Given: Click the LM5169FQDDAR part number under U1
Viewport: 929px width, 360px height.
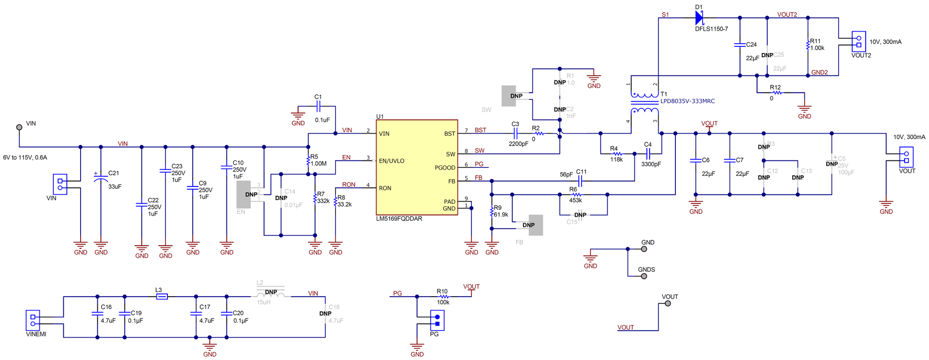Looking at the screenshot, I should click(x=399, y=219).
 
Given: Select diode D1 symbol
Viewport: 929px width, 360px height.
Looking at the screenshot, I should click(x=699, y=18).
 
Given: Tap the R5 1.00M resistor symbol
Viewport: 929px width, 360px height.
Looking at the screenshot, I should click(x=308, y=161).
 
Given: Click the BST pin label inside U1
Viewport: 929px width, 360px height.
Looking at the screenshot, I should click(x=449, y=134).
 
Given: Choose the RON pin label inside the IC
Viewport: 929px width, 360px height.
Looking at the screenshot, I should click(x=385, y=188).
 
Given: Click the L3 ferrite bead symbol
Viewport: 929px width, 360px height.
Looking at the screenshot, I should click(x=162, y=296).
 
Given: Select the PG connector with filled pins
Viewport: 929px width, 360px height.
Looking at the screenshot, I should click(x=437, y=320).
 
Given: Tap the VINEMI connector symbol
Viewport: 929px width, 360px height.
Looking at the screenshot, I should click(x=33, y=320).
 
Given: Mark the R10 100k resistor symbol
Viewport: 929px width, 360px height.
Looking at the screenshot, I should click(x=443, y=297).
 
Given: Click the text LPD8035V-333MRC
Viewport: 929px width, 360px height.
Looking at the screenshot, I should click(x=687, y=101).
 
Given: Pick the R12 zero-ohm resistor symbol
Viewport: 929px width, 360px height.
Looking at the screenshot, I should click(x=777, y=93).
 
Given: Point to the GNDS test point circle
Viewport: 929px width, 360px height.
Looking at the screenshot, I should click(x=644, y=276).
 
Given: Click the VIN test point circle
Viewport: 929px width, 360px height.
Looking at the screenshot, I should click(x=19, y=127).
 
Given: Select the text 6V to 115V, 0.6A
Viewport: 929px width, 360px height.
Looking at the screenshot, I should click(x=25, y=157).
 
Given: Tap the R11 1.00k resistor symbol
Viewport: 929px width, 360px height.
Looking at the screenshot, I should click(x=808, y=45).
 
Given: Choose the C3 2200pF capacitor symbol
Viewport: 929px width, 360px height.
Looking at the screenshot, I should click(x=515, y=134).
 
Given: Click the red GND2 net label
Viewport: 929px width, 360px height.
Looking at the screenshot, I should click(x=819, y=73).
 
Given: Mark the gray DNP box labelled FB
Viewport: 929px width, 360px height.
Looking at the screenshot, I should click(x=535, y=225).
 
